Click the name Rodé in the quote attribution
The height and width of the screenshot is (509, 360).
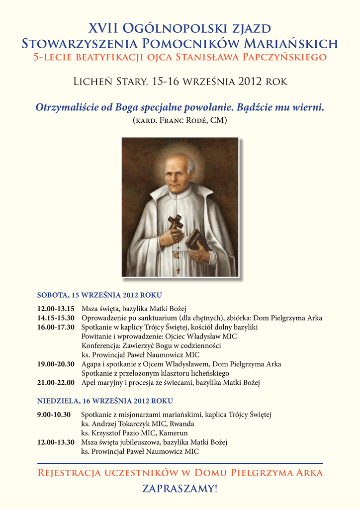point(197,120)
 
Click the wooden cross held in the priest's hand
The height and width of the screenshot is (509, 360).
point(175,224)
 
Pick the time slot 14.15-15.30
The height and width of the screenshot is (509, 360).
point(56,318)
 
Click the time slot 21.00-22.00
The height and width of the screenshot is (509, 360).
point(56,383)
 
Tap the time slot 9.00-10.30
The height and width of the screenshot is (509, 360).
point(54,415)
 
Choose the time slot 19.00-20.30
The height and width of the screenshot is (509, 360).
point(56,364)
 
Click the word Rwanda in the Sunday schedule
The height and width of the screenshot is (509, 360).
point(181,424)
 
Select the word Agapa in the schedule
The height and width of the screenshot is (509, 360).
point(92,364)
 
